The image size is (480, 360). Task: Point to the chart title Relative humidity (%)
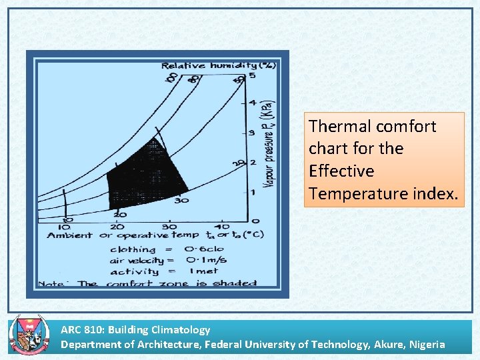(x=218, y=65)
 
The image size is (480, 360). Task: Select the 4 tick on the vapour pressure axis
(x=252, y=102)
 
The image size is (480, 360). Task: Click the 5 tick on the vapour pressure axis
(x=252, y=76)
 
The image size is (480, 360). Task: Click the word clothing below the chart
(x=133, y=249)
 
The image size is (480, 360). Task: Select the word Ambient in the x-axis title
(x=69, y=235)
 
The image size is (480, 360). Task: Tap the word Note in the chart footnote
(x=51, y=283)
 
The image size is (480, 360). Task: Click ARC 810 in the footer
(x=81, y=329)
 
